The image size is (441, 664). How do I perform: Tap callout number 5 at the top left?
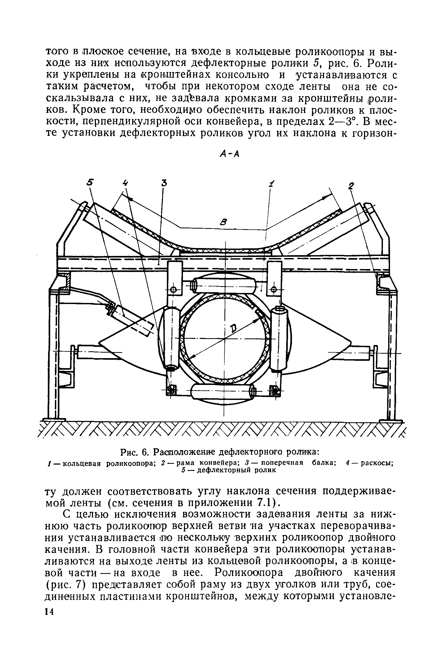click(90, 183)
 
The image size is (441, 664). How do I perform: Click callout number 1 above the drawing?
click(271, 184)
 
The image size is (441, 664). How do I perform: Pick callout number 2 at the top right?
click(351, 186)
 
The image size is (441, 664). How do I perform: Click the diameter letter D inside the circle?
click(234, 328)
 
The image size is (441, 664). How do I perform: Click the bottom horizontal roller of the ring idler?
click(223, 391)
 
